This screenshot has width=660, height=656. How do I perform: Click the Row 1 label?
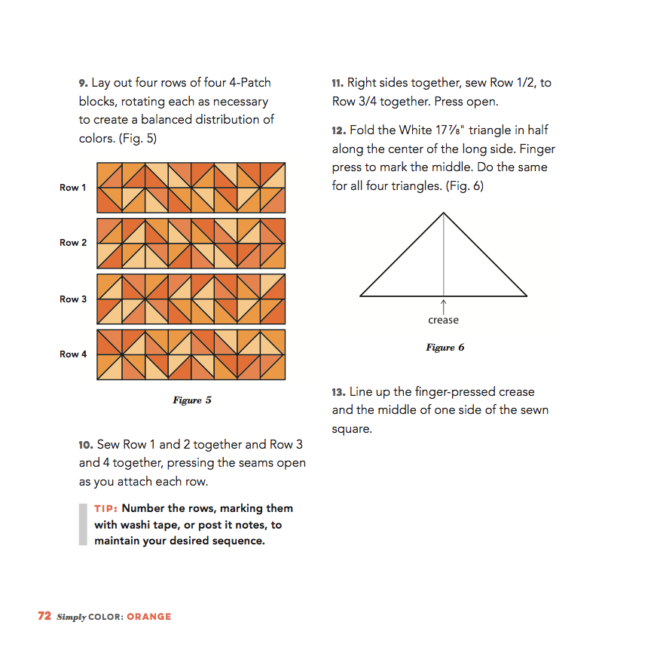[x=73, y=188]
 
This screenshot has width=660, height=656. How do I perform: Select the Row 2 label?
[x=73, y=243]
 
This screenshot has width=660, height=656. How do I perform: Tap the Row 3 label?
[x=73, y=299]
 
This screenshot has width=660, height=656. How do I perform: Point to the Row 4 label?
[x=73, y=354]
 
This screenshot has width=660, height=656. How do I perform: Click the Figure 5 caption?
[x=192, y=400]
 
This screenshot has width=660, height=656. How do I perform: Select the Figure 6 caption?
[x=445, y=348]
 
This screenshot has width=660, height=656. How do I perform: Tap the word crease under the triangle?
[x=443, y=320]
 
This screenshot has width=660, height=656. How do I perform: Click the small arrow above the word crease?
[x=444, y=305]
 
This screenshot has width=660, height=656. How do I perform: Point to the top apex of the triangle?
[x=444, y=213]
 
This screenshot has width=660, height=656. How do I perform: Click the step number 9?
[x=83, y=83]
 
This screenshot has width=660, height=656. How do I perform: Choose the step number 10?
[x=85, y=446]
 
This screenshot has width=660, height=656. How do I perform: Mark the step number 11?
[x=338, y=83]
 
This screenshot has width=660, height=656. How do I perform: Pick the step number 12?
[x=338, y=131]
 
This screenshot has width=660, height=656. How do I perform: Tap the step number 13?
[x=338, y=393]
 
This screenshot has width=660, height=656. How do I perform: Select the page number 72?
[x=44, y=616]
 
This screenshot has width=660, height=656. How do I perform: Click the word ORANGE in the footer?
[x=149, y=617]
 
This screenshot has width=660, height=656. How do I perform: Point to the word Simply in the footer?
[x=72, y=617]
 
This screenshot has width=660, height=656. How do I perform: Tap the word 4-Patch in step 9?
[x=249, y=83]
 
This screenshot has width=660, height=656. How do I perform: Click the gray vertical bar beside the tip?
[x=83, y=524]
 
